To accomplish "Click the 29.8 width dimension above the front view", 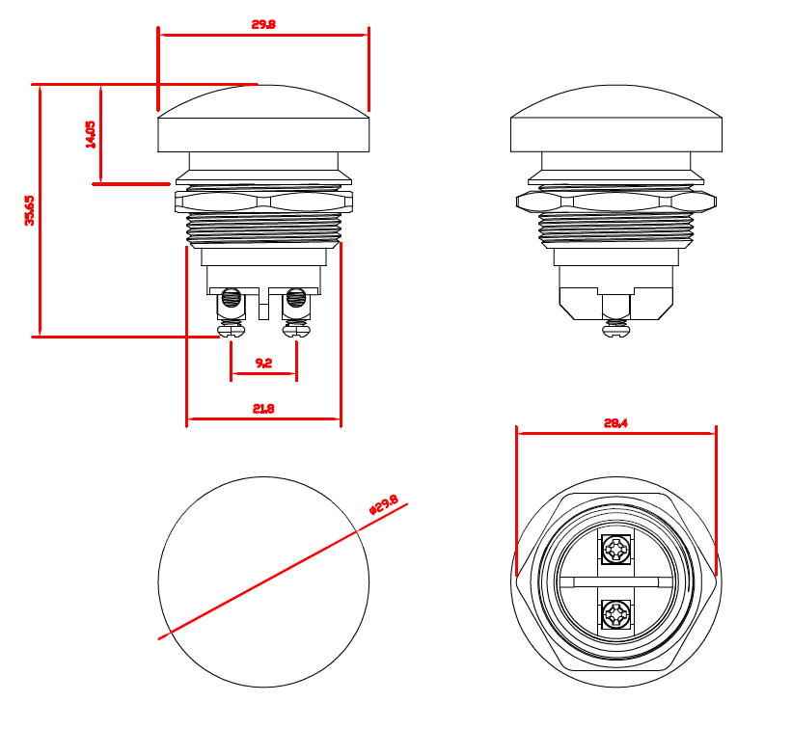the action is (263, 24).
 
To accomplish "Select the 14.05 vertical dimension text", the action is (91, 134).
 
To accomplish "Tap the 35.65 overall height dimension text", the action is (30, 210).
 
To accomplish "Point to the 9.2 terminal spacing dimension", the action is (263, 363).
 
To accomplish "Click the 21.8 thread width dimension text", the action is (263, 409).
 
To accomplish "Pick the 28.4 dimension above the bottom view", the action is (615, 423).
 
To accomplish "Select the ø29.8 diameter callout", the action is (384, 504).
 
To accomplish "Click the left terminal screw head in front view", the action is (232, 330).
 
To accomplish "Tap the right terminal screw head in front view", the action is (296, 330).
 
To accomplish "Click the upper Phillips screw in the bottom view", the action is (616, 550).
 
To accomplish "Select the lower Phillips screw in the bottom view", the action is (616, 614).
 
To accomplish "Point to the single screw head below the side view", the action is (616, 330).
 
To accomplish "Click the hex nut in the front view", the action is (263, 202).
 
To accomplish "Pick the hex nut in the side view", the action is (616, 202).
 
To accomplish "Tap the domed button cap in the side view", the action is (616, 119).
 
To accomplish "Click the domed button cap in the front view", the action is (263, 119).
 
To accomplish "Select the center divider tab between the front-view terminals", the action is (263, 304).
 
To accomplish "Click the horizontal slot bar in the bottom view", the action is (616, 582).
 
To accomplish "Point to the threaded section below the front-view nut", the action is (263, 229).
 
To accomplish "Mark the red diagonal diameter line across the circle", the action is (283, 572).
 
